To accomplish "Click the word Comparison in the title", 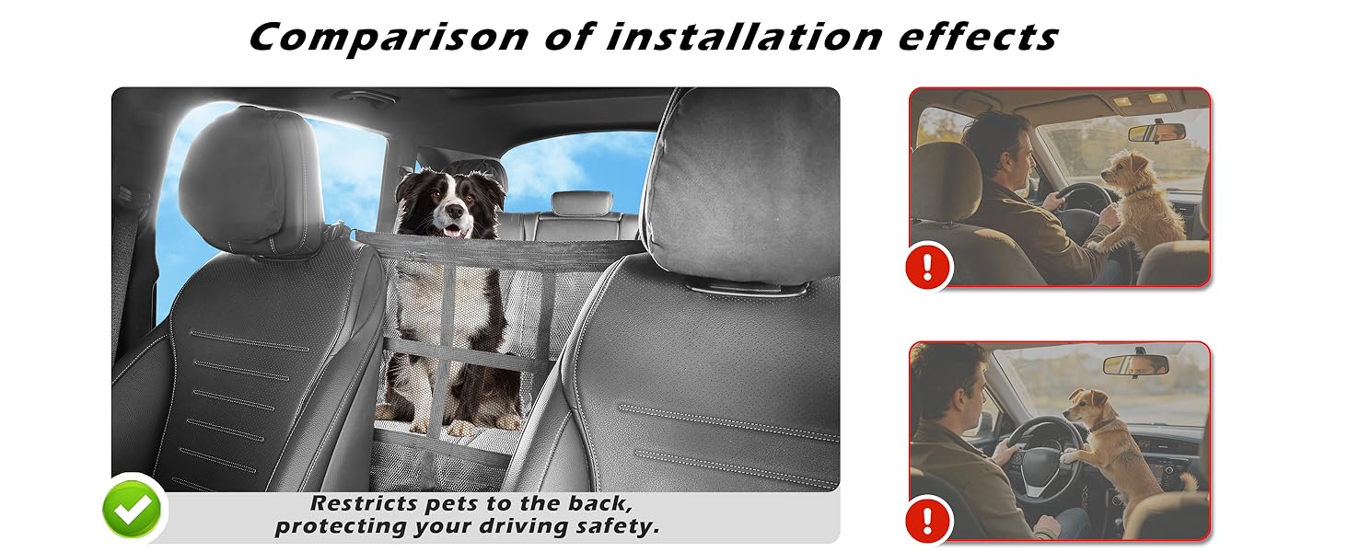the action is click(x=389, y=38).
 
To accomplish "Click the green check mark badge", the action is click(x=133, y=510).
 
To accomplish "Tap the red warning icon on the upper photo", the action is click(x=927, y=267).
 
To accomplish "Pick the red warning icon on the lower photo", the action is click(x=927, y=520).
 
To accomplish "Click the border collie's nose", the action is click(x=456, y=211).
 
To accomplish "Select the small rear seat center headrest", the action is click(x=581, y=203).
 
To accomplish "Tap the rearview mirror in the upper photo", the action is click(x=1156, y=132).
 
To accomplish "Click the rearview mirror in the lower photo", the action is click(x=1135, y=364).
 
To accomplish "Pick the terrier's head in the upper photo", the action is click(x=1124, y=170).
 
